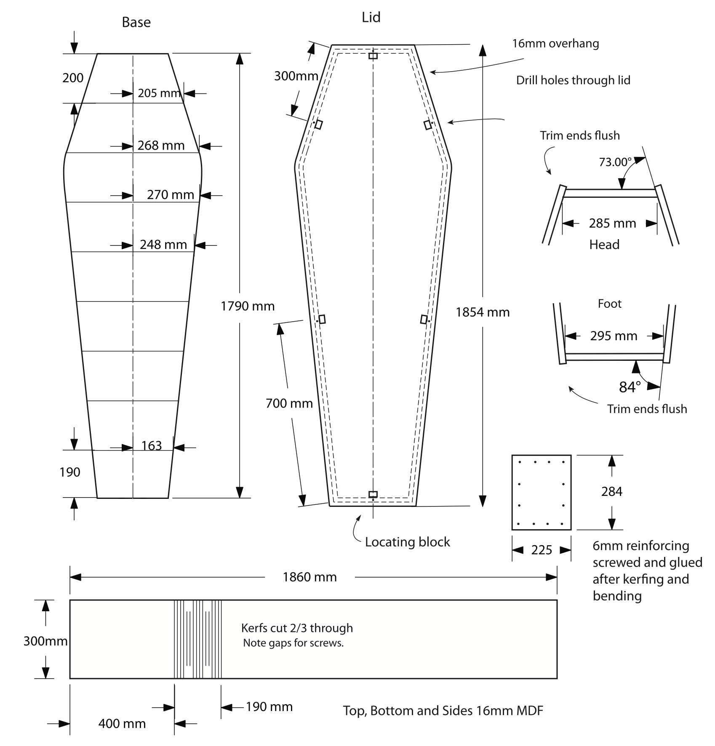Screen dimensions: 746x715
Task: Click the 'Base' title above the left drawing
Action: tap(136, 22)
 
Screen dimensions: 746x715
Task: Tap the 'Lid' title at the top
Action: tap(371, 17)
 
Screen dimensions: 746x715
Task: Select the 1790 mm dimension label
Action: tap(248, 306)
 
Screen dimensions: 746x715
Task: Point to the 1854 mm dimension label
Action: tap(483, 312)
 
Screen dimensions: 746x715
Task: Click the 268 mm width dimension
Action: tap(161, 146)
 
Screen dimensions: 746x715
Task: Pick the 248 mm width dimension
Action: tap(163, 245)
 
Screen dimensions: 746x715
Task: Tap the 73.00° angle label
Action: tap(615, 162)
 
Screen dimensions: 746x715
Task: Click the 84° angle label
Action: tap(630, 387)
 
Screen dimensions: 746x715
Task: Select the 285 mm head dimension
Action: tap(612, 223)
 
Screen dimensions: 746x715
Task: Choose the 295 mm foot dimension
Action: tap(614, 336)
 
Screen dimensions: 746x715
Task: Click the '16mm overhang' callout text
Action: tap(555, 44)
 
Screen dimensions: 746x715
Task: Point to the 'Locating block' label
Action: tap(407, 542)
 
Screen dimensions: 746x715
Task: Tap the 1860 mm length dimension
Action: tap(309, 577)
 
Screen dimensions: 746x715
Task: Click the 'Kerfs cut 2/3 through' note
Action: tap(297, 628)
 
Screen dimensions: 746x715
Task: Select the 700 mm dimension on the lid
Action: tap(289, 403)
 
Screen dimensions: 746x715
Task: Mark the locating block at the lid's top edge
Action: tap(373, 56)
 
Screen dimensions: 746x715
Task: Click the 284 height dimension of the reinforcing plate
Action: tap(611, 491)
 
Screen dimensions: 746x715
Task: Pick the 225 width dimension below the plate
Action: tap(542, 550)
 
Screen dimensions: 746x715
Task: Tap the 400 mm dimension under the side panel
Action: tap(122, 724)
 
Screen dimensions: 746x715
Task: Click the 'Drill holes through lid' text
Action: tap(573, 80)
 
